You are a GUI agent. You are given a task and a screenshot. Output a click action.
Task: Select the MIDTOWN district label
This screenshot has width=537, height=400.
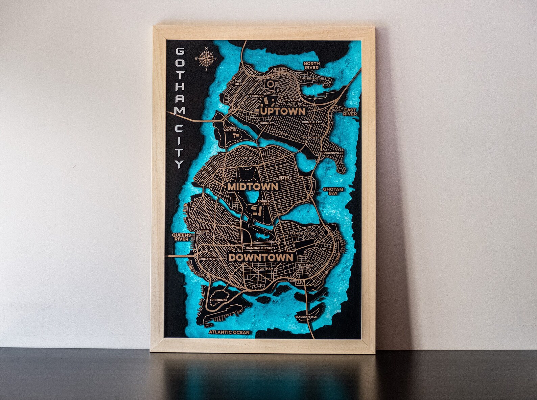pos(253,186)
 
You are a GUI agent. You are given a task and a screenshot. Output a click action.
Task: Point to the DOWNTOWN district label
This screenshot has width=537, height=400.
pos(261,257)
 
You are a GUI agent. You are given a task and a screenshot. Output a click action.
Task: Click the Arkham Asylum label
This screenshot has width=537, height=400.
pos(230,129)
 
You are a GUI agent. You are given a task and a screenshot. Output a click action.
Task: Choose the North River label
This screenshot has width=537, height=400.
pos(311,66)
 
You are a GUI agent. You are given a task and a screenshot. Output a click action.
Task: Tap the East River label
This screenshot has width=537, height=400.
pos(350,112)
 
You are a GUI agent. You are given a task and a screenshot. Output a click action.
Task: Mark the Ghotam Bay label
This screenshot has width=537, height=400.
pos(333,192)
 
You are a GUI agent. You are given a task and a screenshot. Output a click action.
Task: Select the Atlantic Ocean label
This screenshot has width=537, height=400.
pos(229,332)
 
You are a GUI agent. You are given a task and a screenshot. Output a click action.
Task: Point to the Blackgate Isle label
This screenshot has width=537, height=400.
pos(306,317)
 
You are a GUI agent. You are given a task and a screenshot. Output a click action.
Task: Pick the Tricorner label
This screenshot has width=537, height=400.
pos(218,300)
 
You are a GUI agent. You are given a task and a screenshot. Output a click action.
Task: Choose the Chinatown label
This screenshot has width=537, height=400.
pos(209,259)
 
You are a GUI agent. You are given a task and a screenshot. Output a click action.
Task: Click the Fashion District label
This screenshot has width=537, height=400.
pos(304,233)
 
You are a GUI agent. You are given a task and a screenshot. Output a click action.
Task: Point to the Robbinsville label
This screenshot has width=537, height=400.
pos(332,153)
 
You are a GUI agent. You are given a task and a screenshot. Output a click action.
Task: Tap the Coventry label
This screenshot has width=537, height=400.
pos(244,158)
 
